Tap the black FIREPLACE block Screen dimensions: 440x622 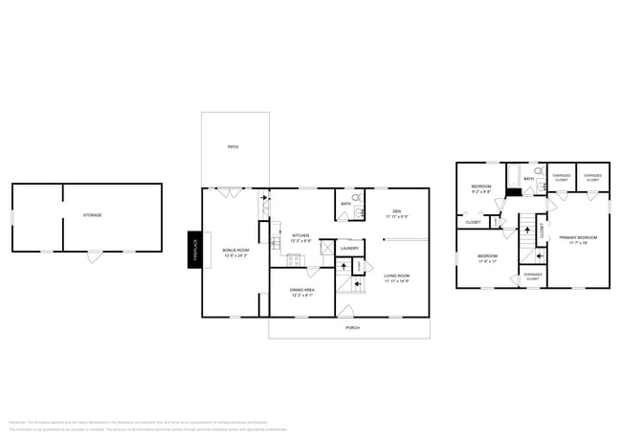(194, 251)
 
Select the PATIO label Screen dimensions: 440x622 (233, 146)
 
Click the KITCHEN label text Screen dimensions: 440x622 (300, 235)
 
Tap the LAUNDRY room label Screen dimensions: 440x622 (349, 249)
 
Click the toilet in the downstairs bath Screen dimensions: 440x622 (356, 199)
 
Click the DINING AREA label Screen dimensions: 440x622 (301, 290)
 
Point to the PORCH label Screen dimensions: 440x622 (352, 327)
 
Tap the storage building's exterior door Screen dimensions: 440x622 (93, 256)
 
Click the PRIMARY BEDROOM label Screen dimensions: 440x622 (578, 236)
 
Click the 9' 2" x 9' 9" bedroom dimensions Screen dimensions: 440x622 (480, 191)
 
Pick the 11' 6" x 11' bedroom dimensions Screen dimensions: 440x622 (487, 260)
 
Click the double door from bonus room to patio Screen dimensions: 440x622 (228, 192)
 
